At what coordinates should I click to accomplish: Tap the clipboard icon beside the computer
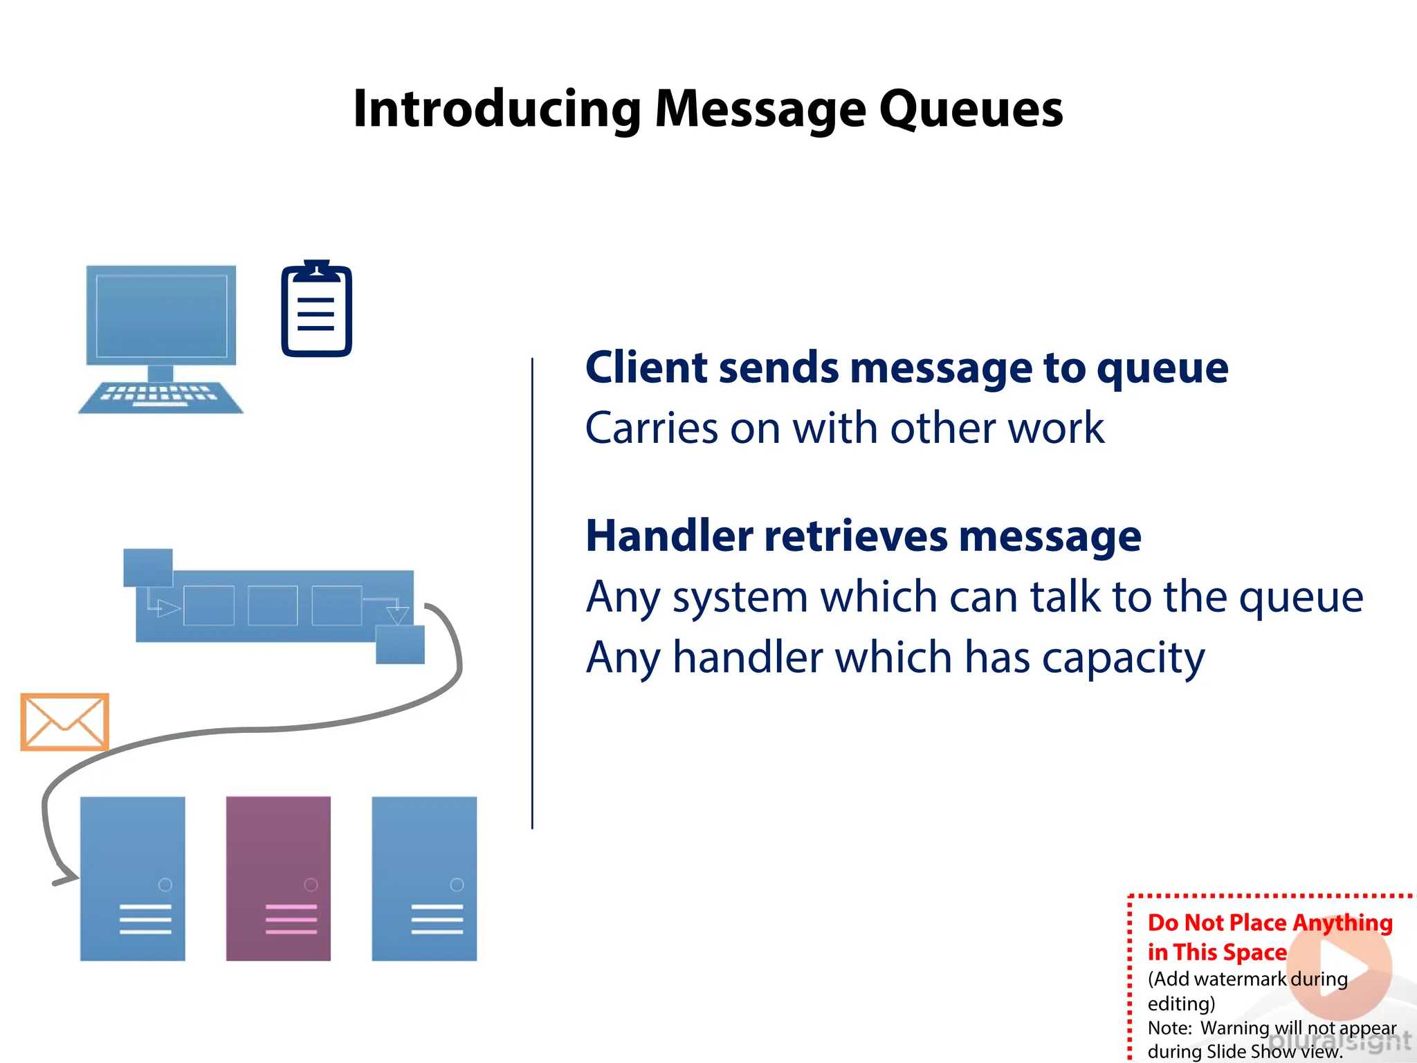[316, 311]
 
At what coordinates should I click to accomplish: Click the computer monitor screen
[161, 315]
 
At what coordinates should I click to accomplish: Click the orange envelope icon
[64, 722]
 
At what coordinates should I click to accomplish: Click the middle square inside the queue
[273, 606]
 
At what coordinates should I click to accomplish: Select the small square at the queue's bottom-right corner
[400, 644]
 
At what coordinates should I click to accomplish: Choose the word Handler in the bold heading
[669, 536]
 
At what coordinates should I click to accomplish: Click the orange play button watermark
[1340, 967]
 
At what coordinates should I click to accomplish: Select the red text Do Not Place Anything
[1270, 923]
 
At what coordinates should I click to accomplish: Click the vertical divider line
[532, 593]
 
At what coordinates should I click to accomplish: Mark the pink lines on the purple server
[291, 919]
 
